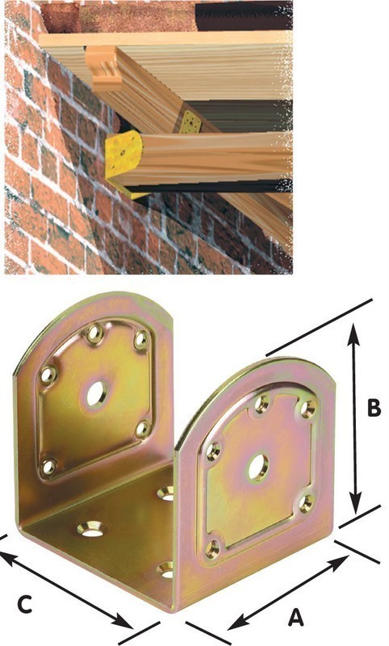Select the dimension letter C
(x=25, y=603)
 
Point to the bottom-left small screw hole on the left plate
(x=48, y=466)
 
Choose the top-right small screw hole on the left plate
(x=141, y=341)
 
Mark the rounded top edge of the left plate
(x=105, y=301)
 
